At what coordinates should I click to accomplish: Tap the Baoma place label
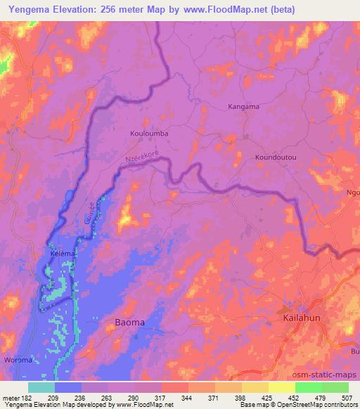(129, 322)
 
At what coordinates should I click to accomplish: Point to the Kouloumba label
(150, 131)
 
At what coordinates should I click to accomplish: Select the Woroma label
(18, 360)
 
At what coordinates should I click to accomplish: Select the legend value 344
(188, 397)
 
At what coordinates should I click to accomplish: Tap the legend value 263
(108, 397)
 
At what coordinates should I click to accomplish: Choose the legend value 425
(268, 397)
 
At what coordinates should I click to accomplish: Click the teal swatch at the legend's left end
(41, 387)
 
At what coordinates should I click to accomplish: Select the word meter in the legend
(11, 397)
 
